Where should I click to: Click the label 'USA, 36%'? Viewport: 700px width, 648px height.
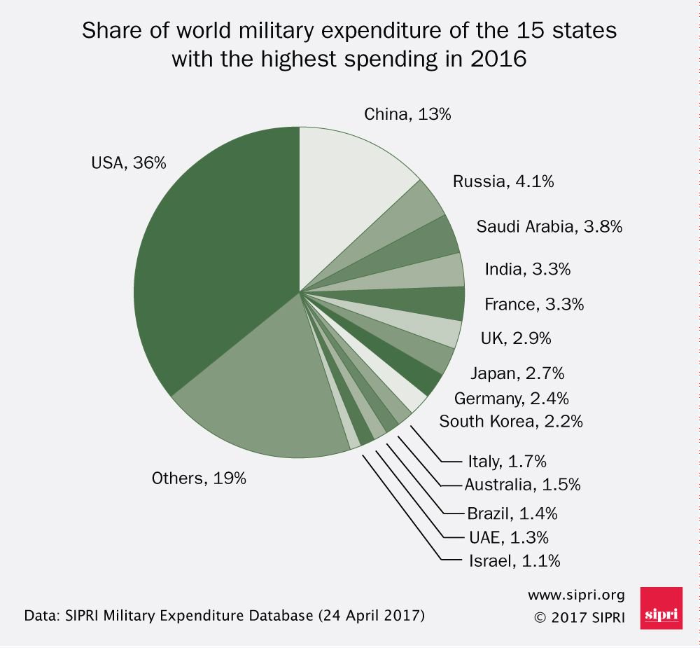129,163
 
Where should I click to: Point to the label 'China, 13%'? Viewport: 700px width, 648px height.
407,114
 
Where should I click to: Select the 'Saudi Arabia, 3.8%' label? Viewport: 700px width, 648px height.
549,226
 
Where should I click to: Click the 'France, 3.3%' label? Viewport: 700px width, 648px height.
533,305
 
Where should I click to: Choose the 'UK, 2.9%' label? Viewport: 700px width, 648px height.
515,338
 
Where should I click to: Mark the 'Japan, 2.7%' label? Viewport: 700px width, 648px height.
517,373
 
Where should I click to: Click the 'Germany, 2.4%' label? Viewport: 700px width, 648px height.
511,399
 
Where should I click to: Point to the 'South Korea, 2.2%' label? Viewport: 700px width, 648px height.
510,422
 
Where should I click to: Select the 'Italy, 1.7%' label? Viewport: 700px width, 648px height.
506,461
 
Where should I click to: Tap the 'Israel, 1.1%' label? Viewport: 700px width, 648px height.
514,560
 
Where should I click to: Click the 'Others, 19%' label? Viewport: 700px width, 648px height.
199,478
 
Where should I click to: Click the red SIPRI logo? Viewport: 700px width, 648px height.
661,608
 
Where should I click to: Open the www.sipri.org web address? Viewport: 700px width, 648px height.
575,595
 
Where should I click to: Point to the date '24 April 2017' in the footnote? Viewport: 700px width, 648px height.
371,616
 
